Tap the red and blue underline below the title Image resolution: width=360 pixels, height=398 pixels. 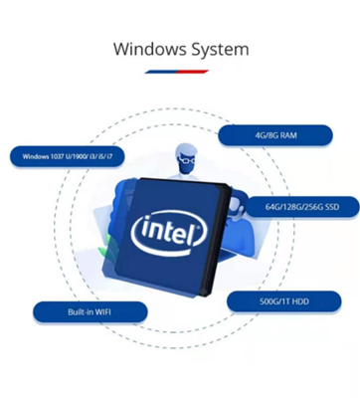[180, 73]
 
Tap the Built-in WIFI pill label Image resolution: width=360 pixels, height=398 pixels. [90, 312]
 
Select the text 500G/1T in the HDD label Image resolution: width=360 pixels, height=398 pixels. [270, 299]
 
